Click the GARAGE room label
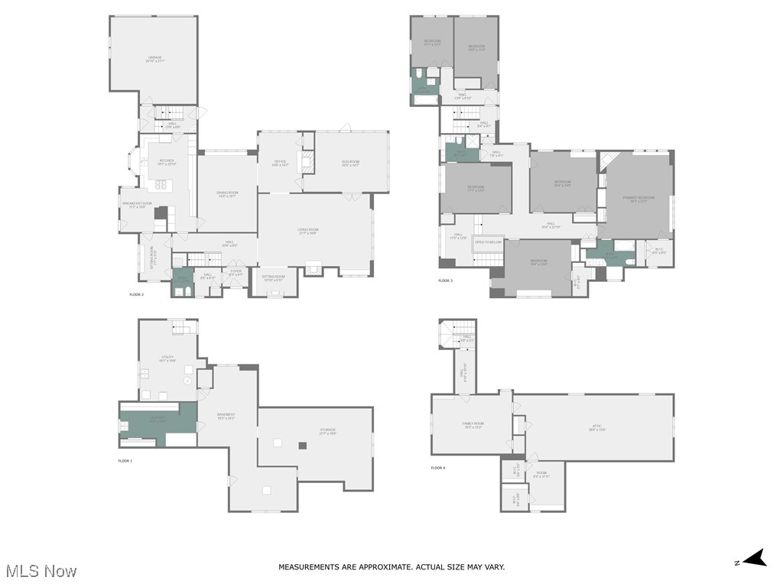click(155, 59)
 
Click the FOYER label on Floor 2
click(236, 272)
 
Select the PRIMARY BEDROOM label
click(638, 199)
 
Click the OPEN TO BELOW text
click(489, 242)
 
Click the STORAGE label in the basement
click(327, 431)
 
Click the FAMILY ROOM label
click(473, 425)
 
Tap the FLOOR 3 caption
click(445, 281)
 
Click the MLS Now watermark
click(41, 571)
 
